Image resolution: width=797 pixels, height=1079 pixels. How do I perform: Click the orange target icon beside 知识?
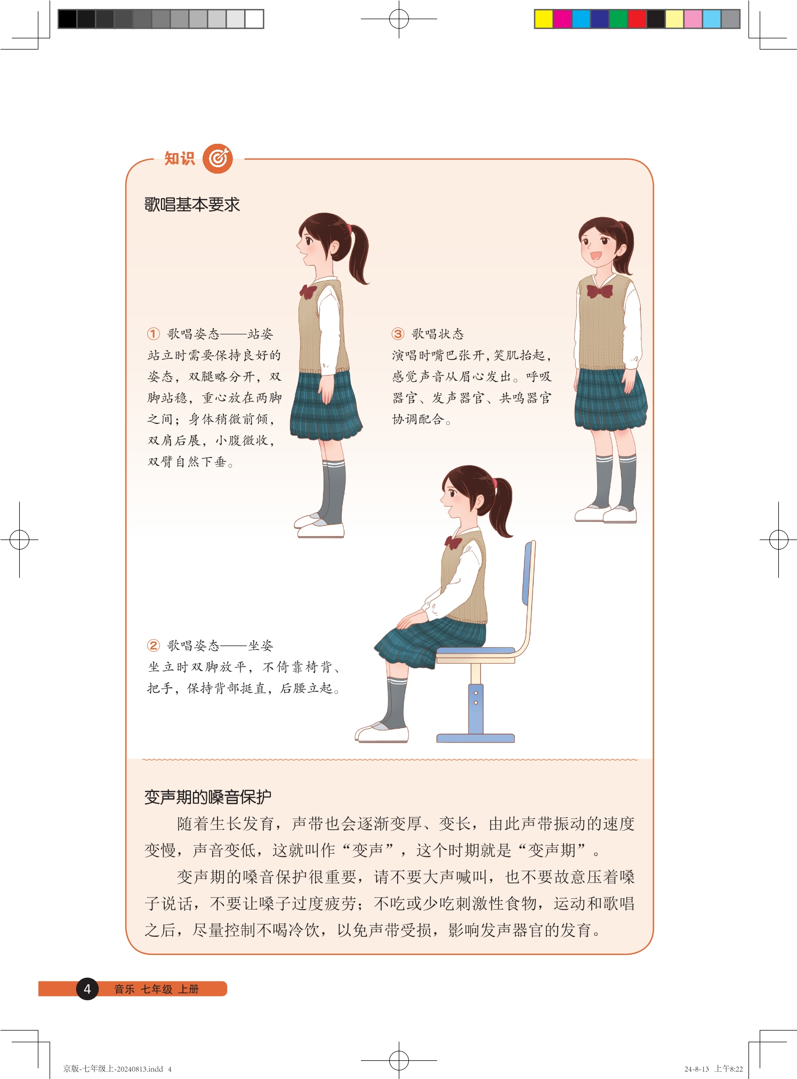[218, 158]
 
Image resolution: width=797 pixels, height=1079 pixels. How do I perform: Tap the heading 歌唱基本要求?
[192, 205]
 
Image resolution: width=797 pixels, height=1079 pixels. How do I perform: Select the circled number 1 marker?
[153, 334]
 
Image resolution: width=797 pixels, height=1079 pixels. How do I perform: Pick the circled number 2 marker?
[153, 645]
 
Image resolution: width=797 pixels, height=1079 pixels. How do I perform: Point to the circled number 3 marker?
[398, 334]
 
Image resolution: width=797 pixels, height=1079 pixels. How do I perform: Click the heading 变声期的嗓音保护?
[208, 797]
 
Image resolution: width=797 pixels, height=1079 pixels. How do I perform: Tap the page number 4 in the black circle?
[87, 989]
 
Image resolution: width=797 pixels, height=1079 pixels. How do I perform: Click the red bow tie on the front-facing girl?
[599, 291]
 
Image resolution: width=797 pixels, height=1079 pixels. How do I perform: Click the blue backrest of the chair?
[528, 573]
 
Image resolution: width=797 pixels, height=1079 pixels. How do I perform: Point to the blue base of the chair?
[476, 738]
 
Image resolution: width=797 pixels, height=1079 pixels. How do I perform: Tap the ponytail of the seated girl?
[502, 506]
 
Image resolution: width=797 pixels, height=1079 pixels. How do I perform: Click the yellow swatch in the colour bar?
[544, 19]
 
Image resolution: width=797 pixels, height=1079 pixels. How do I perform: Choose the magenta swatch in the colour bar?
[562, 19]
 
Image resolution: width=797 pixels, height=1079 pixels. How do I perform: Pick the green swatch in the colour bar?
[618, 19]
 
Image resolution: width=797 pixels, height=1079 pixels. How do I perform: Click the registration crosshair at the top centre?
[399, 19]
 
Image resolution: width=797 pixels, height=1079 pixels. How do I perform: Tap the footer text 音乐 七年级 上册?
[156, 989]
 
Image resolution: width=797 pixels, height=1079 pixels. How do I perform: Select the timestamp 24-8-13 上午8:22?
[713, 1068]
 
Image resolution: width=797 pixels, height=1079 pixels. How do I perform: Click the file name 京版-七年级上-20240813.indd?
[113, 1068]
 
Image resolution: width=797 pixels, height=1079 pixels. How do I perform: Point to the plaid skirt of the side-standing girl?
[326, 406]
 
